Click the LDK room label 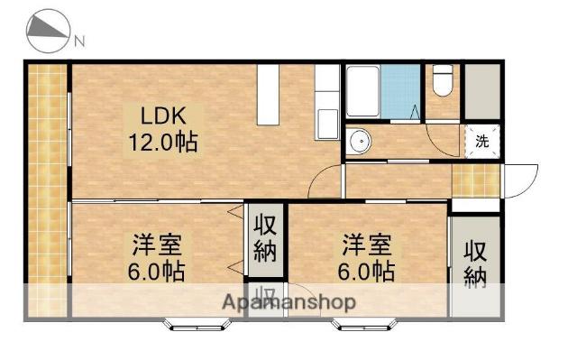161,115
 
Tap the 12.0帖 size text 163,142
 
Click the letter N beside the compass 79,40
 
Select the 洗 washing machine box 482,141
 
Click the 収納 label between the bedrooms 264,237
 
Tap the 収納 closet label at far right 474,263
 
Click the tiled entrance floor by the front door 474,180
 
